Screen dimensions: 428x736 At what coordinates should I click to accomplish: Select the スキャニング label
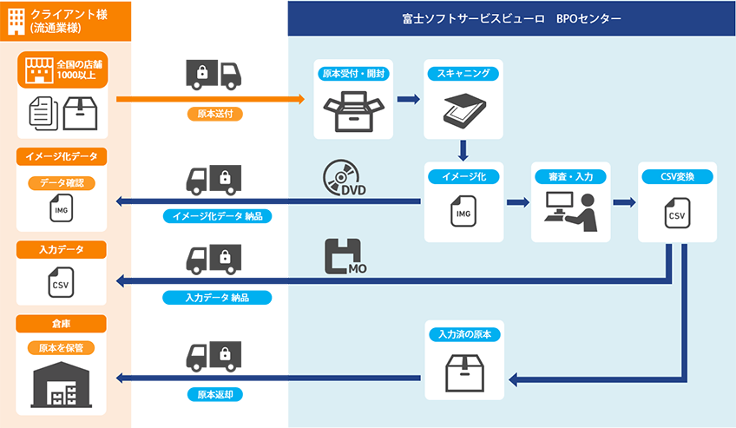point(463,74)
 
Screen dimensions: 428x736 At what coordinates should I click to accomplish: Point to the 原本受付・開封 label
point(353,74)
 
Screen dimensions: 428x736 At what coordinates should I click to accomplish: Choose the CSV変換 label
point(676,176)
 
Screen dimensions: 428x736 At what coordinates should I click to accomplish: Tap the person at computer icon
point(570,211)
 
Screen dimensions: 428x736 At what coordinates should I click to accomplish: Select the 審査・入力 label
point(570,176)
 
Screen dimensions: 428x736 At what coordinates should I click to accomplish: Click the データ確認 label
point(62,183)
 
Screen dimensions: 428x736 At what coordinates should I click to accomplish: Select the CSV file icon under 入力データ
point(61,283)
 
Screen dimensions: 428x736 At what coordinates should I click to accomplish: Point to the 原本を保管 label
point(62,348)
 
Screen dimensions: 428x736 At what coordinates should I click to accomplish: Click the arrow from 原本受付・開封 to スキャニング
point(407,99)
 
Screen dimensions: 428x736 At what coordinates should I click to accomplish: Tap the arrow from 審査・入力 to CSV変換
point(623,203)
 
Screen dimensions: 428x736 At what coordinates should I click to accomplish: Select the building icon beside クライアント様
point(15,19)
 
